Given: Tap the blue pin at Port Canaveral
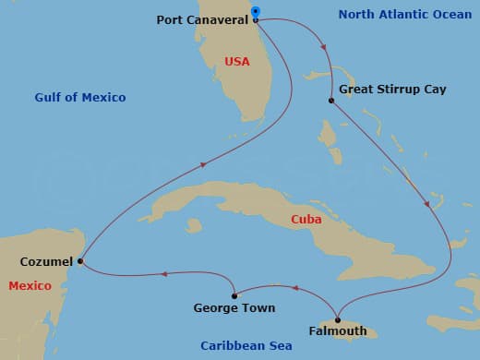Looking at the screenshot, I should coord(256,13).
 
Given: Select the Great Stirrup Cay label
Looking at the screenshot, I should coord(392,90).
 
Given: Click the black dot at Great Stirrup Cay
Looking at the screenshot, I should coord(330,100).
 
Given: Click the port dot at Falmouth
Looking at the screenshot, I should coord(337,319).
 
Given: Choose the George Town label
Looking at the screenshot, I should coord(234,307).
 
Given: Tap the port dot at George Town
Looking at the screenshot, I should coord(234,295).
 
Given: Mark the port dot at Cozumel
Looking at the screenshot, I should coord(81,261).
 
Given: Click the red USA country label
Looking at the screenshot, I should coord(236,62).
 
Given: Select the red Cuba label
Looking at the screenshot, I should coord(306,220).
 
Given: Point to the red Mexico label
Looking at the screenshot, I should coord(30,286).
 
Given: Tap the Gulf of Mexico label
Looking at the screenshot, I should coord(80,97).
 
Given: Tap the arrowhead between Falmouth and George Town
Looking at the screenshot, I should coord(295,287).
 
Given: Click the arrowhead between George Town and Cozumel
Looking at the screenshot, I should coord(163,273).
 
